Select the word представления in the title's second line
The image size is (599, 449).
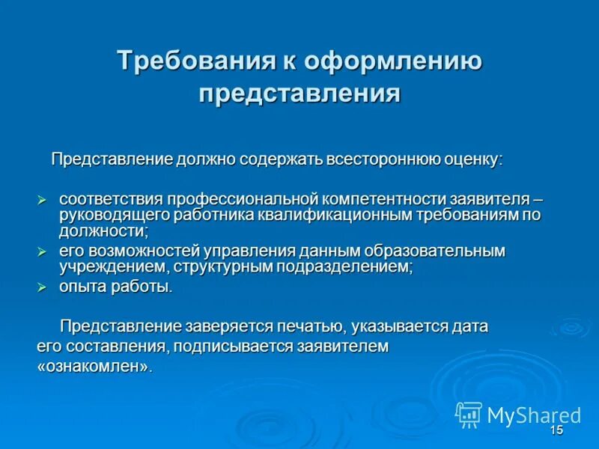[x=299, y=94]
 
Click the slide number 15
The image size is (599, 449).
[x=556, y=430]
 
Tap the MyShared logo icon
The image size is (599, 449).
[x=469, y=414]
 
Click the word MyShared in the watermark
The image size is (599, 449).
[x=534, y=415]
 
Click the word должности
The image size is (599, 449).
[x=104, y=230]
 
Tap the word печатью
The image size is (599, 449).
[x=305, y=326]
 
